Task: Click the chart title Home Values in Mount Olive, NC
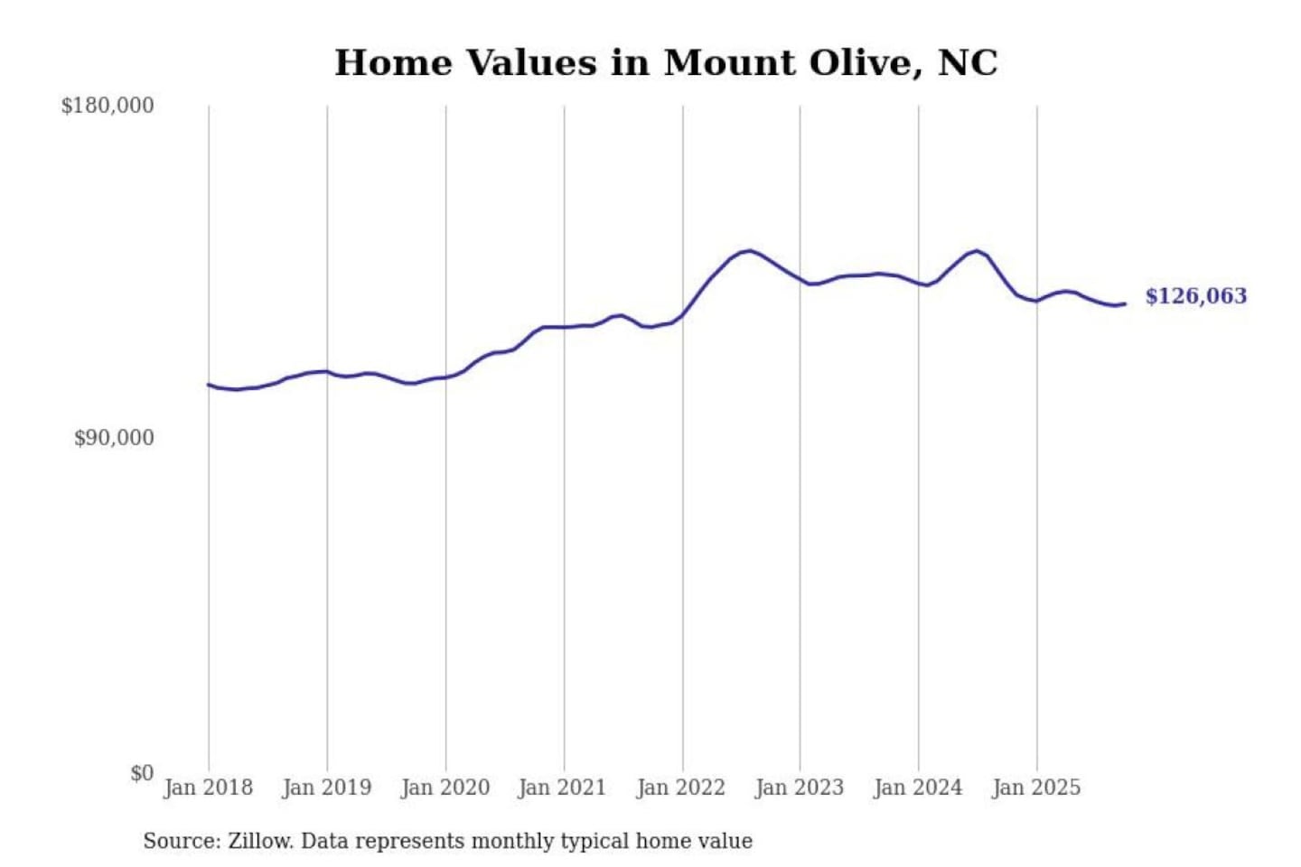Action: click(x=666, y=63)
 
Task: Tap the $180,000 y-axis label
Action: click(x=108, y=106)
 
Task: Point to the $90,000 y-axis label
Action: click(x=114, y=438)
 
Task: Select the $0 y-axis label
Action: click(x=142, y=773)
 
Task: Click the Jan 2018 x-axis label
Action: click(x=208, y=788)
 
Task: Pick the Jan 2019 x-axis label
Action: click(x=326, y=788)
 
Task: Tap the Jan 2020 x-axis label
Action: click(x=445, y=788)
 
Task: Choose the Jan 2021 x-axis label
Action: click(x=562, y=788)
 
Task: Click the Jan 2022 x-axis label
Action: click(x=680, y=788)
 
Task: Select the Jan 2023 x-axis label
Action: click(x=799, y=788)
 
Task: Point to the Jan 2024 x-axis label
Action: click(x=917, y=788)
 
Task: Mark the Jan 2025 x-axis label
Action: click(x=1035, y=788)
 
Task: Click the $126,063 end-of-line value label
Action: click(x=1195, y=296)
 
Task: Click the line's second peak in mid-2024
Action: click(x=976, y=250)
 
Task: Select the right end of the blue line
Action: click(x=1125, y=303)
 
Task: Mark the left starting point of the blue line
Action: click(x=209, y=385)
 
